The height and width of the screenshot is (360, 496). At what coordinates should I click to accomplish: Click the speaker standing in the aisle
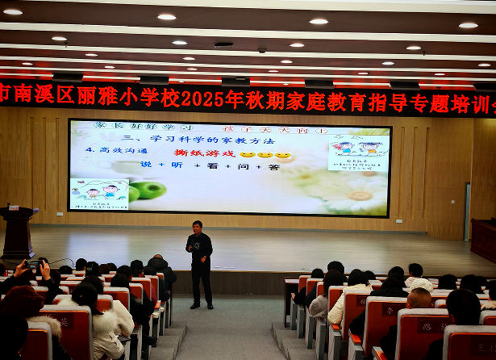(x=199, y=263)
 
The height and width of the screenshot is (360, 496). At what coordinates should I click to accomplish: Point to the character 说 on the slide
(x=145, y=165)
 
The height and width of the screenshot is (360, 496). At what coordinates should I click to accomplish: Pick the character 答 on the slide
(x=273, y=166)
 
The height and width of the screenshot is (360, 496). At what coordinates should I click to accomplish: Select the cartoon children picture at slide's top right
(x=359, y=150)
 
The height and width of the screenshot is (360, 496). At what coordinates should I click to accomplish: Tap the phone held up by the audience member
(x=33, y=264)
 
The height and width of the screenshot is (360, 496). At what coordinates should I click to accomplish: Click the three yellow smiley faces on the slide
(x=265, y=154)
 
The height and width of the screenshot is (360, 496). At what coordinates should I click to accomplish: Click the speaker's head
(x=197, y=226)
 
